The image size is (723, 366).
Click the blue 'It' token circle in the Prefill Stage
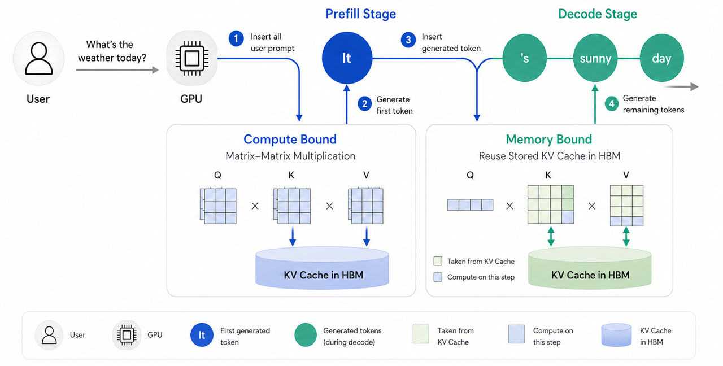347,58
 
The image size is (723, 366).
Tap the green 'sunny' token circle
595,58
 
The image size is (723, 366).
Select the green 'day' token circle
661,58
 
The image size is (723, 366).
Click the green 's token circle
525,58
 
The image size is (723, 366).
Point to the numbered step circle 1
236,39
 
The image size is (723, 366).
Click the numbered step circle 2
365,104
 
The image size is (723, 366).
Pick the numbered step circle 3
408,40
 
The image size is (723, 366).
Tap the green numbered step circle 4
612,104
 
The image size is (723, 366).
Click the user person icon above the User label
39,58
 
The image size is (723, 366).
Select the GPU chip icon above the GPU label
191,58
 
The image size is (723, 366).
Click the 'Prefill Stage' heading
360,14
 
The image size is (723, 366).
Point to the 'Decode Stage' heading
598,14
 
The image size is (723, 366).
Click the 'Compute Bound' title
290,140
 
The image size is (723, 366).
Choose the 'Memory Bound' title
548,140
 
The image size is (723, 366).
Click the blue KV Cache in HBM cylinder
322,268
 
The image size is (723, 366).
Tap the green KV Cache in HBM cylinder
590,268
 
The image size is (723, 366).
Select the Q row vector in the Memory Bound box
471,205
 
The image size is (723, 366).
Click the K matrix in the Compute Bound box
292,206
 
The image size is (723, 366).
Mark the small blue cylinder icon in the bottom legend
616,335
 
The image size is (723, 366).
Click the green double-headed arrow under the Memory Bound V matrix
626,237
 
